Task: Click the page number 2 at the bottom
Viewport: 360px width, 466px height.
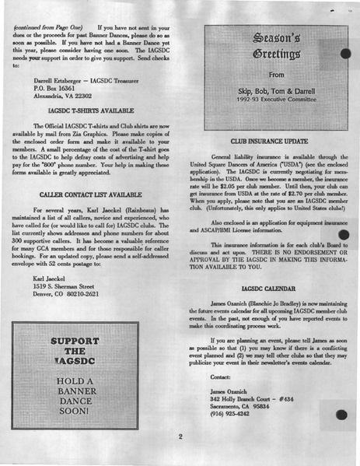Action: pos(180,436)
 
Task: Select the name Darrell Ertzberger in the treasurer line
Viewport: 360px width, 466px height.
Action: pos(63,79)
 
